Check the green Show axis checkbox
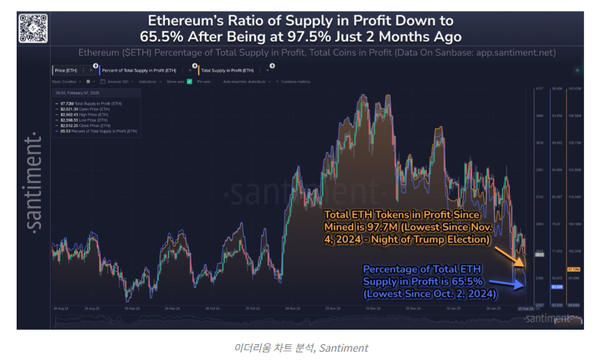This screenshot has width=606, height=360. point(189,81)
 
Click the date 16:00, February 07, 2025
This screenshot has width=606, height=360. point(77,93)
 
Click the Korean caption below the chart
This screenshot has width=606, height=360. point(303,347)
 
